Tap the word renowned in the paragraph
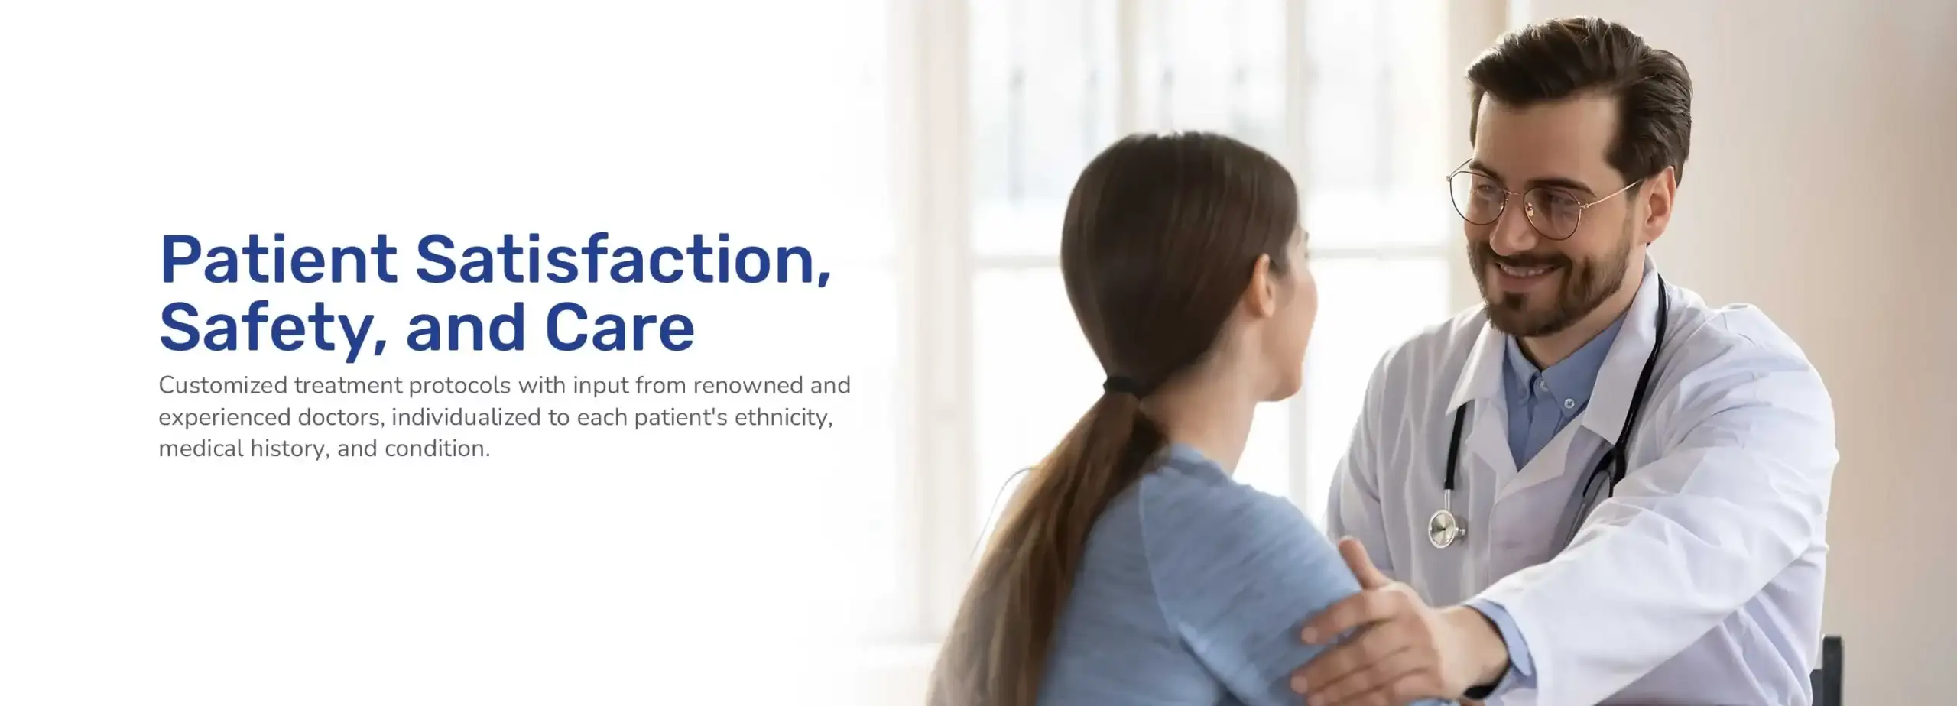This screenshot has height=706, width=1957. click(x=748, y=385)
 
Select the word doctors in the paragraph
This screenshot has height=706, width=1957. click(x=341, y=417)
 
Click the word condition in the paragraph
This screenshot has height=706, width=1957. click(x=437, y=448)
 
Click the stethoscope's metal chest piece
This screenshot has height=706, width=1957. click(x=1443, y=528)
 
